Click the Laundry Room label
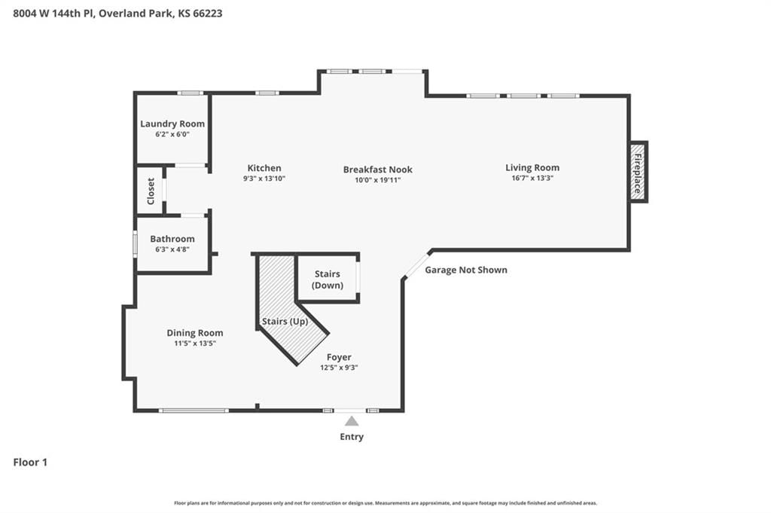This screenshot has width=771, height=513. (172, 124)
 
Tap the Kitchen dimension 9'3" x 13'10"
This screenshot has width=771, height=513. (264, 179)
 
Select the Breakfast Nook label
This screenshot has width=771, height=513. (378, 169)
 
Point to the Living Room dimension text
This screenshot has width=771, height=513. (532, 178)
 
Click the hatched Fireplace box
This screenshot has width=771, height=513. (638, 172)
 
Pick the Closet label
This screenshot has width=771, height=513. (151, 191)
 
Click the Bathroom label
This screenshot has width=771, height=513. (172, 239)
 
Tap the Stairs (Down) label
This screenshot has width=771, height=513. (328, 279)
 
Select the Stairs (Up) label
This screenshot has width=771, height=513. (285, 321)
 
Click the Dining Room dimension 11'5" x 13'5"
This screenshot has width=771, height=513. (195, 344)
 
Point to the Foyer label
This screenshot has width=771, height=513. (339, 357)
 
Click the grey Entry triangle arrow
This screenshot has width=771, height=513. (351, 421)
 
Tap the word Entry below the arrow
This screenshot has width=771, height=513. (352, 437)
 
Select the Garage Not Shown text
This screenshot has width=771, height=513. (466, 270)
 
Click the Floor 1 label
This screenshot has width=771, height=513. (30, 462)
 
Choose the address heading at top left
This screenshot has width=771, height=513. (117, 14)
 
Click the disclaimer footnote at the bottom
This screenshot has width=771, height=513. (385, 503)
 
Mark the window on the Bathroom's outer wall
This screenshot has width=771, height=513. (136, 244)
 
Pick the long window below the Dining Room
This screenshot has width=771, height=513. (194, 411)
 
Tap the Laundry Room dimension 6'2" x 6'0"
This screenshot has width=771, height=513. (172, 134)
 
